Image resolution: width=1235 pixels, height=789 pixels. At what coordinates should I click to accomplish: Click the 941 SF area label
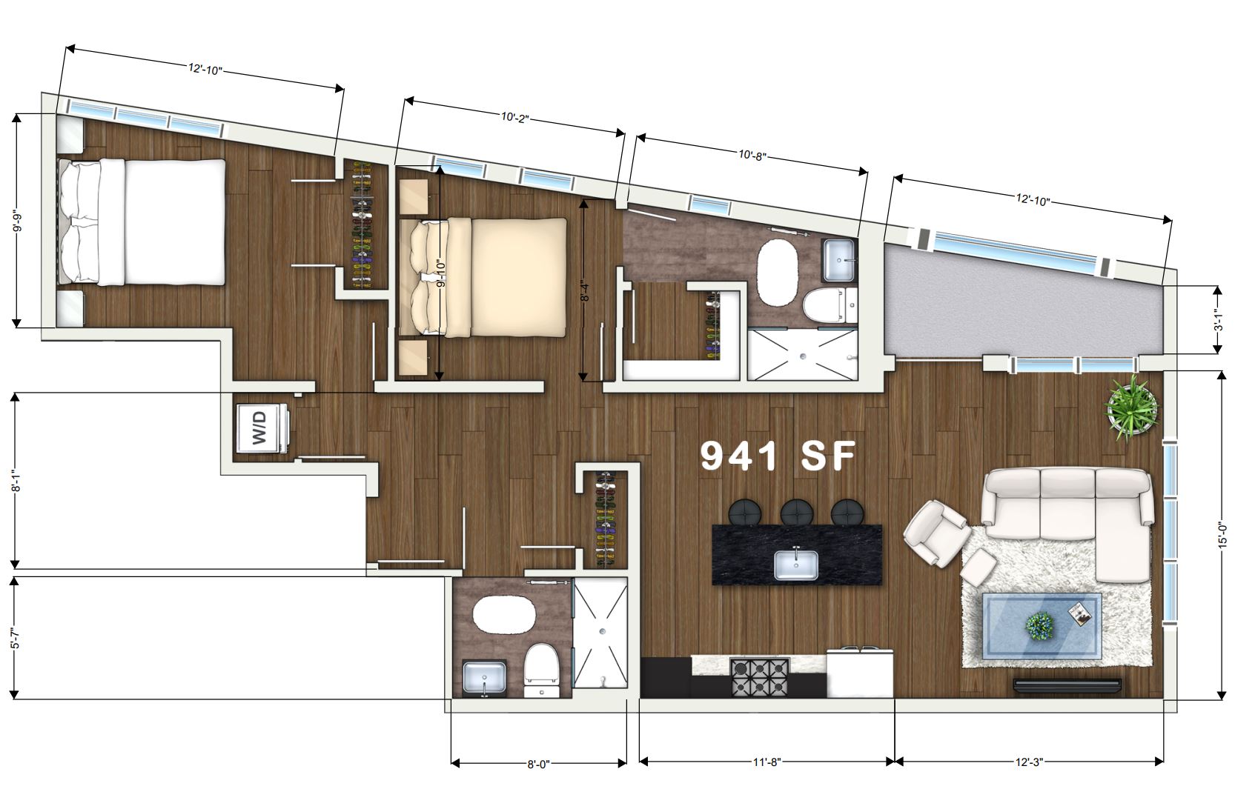pyautogui.click(x=778, y=456)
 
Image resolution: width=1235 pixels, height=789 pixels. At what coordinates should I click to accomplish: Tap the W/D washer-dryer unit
pyautogui.click(x=262, y=428)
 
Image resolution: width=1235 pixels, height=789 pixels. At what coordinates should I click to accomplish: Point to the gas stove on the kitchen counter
pyautogui.click(x=759, y=676)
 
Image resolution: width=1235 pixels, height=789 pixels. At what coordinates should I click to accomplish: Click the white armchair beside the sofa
pyautogui.click(x=936, y=532)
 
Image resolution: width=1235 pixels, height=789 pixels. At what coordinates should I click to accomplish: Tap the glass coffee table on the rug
pyautogui.click(x=1042, y=625)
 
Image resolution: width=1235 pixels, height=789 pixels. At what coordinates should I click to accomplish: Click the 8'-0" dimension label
pyautogui.click(x=538, y=765)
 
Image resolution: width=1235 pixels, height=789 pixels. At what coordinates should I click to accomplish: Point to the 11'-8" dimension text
pyautogui.click(x=767, y=762)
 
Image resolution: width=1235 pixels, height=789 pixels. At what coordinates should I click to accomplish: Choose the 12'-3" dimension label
pyautogui.click(x=1029, y=762)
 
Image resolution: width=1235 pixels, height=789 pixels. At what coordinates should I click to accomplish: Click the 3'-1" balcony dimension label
pyautogui.click(x=1221, y=319)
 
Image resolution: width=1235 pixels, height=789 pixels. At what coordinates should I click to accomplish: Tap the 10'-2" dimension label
pyautogui.click(x=514, y=117)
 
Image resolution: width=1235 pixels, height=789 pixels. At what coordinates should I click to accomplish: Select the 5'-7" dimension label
pyautogui.click(x=16, y=637)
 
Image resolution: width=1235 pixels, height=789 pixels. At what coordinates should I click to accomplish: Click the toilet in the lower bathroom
pyautogui.click(x=542, y=670)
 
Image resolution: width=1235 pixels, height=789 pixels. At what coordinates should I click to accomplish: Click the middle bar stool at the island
pyautogui.click(x=796, y=512)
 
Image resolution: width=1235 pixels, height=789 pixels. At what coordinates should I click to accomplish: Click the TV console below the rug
pyautogui.click(x=1067, y=685)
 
